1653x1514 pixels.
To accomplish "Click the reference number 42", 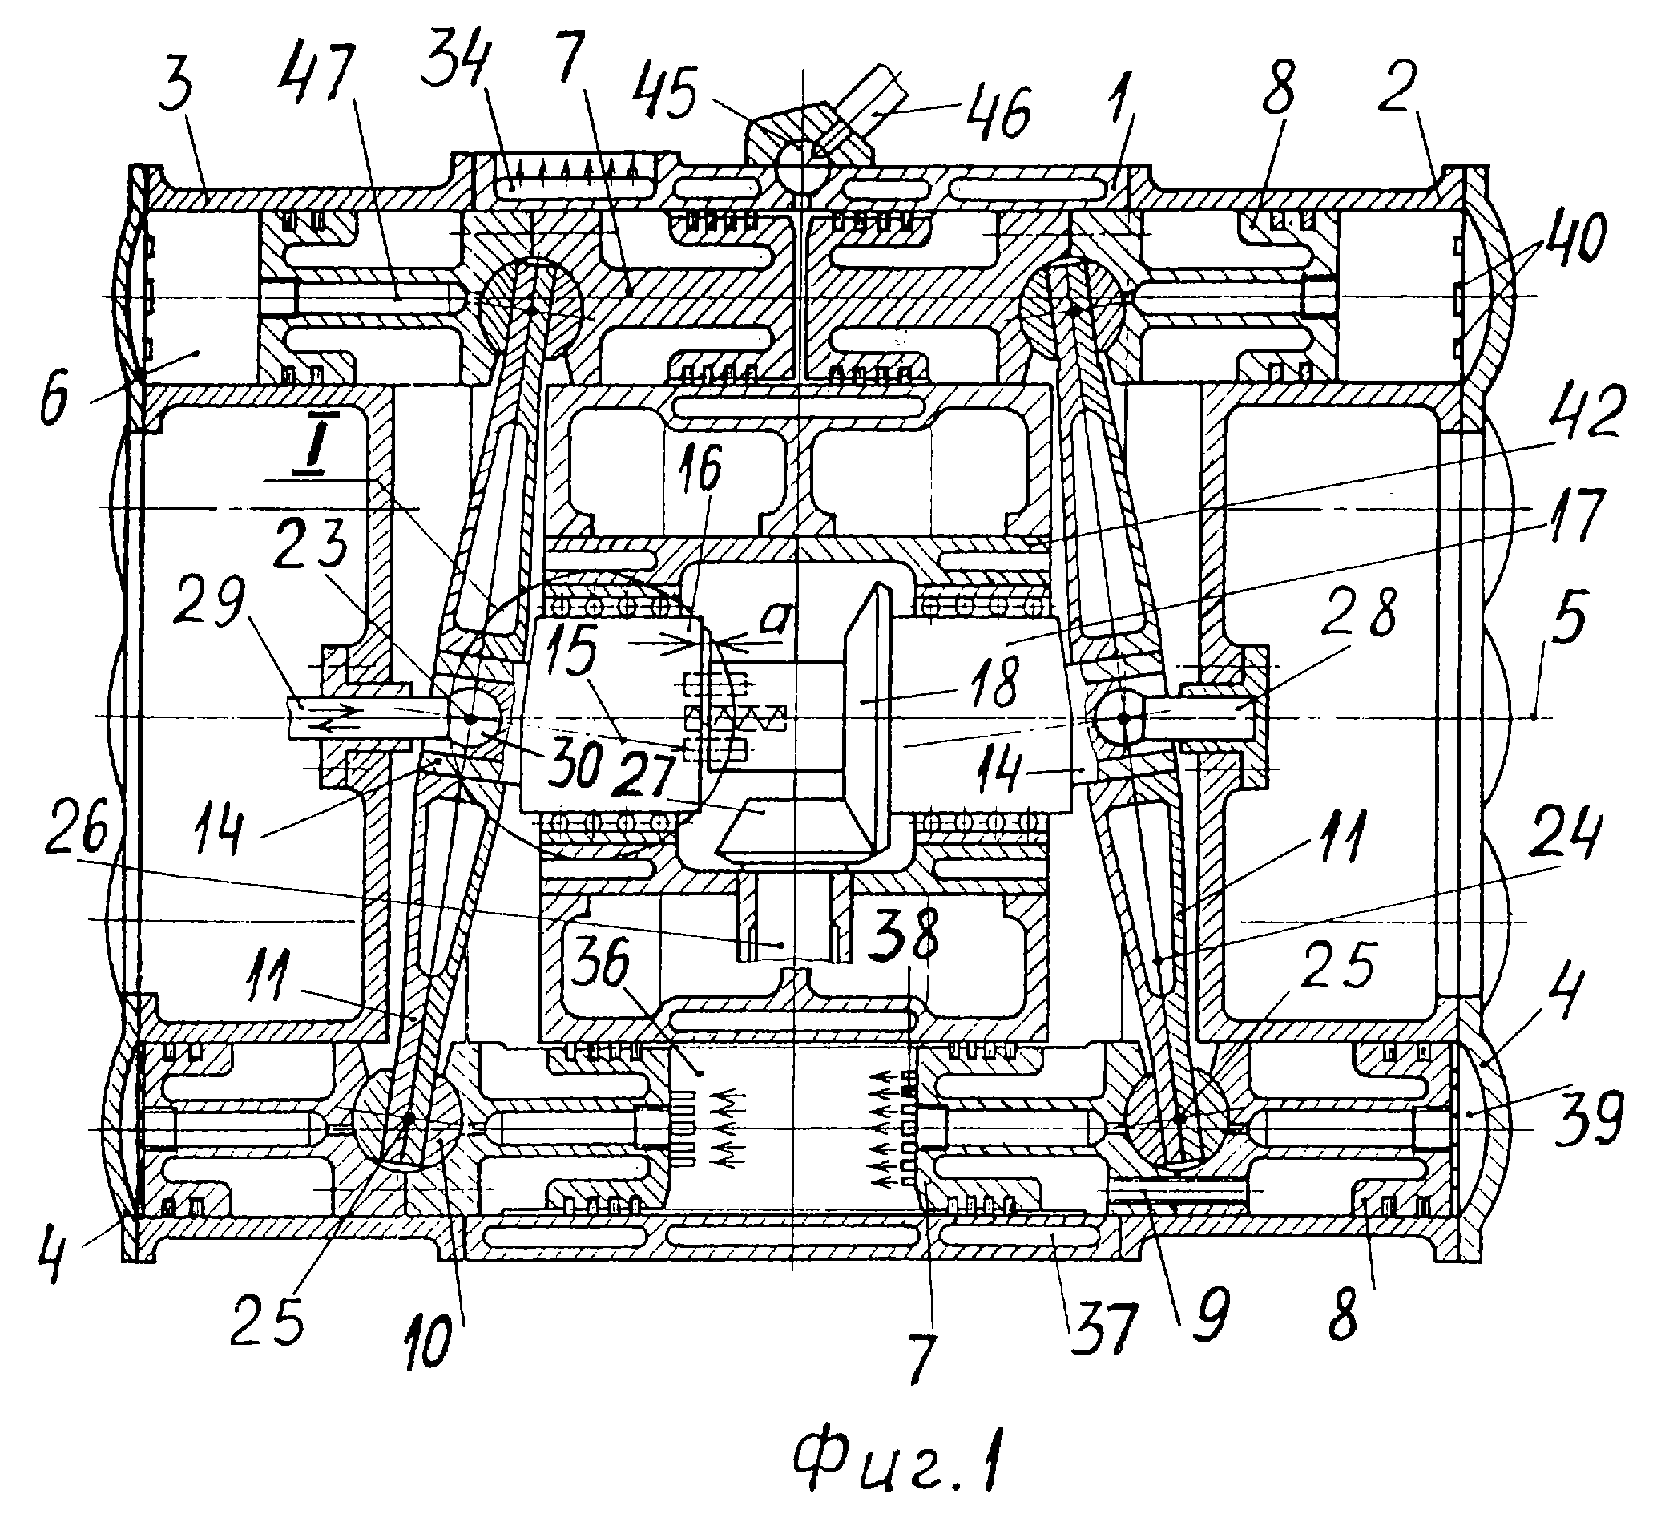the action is tap(1583, 414).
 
